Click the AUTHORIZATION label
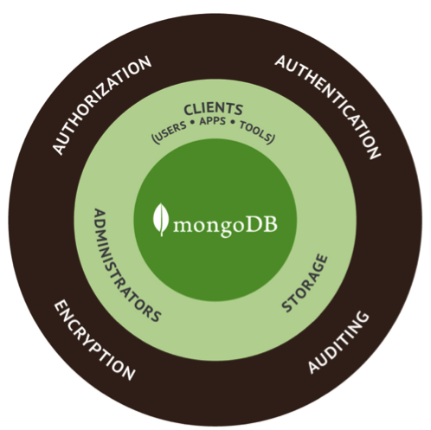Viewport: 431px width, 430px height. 101,106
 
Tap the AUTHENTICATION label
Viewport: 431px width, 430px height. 328,107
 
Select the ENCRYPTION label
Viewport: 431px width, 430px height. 94,340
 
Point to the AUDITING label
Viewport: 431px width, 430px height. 338,343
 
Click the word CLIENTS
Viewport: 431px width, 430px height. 213,109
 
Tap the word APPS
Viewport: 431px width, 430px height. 213,121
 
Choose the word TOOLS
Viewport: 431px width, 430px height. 254,131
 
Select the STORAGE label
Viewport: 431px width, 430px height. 305,283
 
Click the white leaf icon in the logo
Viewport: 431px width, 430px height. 161,220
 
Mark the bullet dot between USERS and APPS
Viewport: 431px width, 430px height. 192,124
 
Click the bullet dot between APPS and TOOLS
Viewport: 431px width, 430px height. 233,122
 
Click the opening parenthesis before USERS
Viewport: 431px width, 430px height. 154,139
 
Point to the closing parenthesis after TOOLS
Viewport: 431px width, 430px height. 271,138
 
